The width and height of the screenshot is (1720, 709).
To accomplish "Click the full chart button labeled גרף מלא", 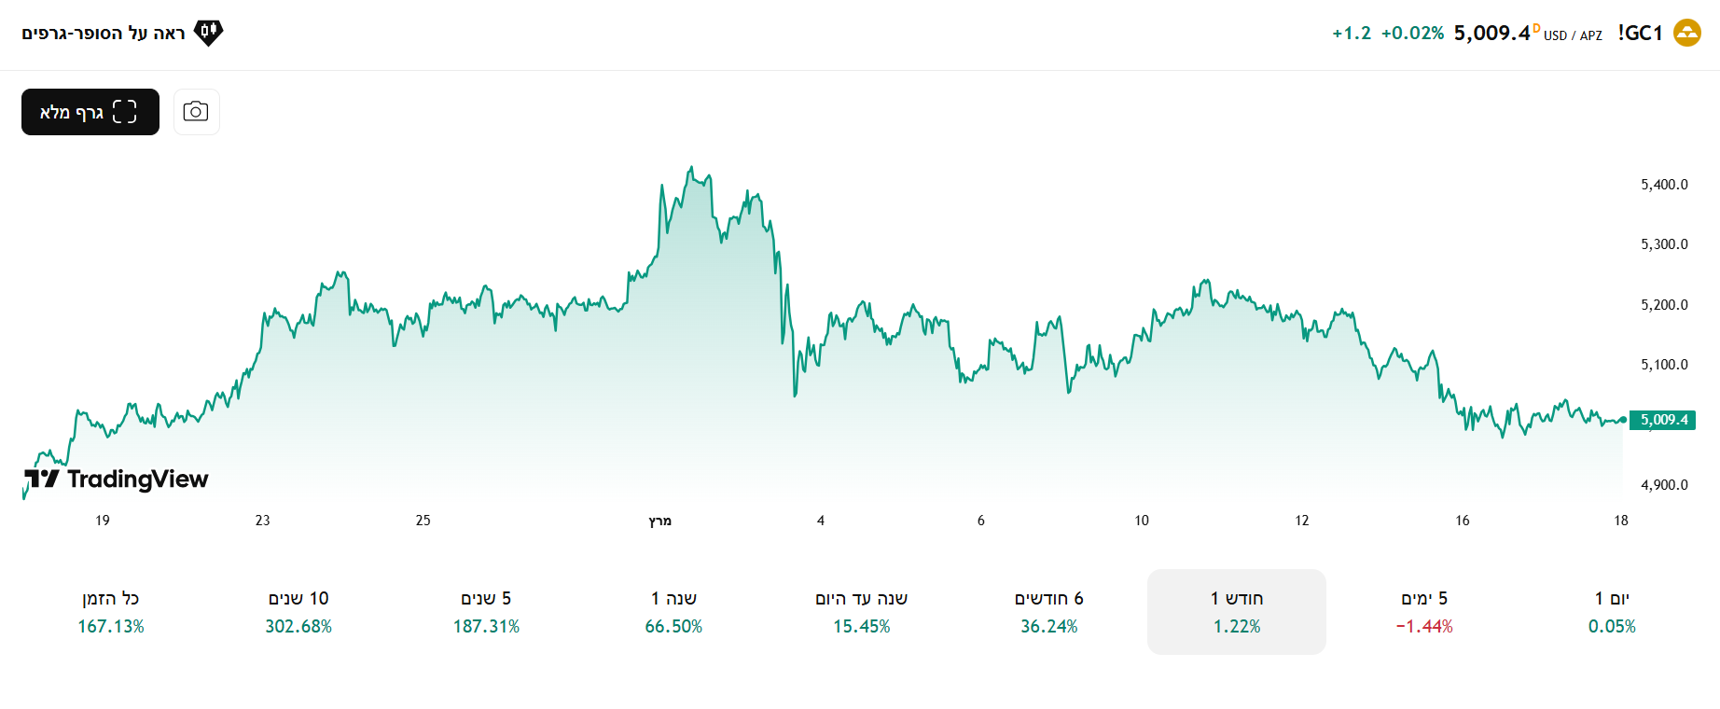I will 90,112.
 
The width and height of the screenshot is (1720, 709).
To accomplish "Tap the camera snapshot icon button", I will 196,112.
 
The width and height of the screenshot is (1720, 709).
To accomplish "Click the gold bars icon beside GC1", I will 1686,34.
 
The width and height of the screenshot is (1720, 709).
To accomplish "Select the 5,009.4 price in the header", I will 1491,34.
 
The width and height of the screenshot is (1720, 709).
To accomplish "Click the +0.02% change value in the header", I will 1412,34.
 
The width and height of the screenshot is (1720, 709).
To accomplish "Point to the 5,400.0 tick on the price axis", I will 1664,185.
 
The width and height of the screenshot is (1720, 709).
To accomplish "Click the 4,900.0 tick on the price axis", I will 1664,485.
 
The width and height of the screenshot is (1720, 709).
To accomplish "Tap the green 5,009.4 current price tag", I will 1663,420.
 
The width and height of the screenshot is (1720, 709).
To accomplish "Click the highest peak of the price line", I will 691,168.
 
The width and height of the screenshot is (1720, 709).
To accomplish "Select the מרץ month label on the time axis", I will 659,521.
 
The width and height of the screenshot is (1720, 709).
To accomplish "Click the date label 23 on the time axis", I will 262,521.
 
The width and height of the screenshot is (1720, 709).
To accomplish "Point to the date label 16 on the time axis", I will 1462,521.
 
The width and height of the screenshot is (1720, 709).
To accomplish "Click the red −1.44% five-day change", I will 1424,627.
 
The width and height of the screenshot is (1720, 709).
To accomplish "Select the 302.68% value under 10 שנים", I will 298,627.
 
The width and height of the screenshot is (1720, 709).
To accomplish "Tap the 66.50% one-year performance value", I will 673,627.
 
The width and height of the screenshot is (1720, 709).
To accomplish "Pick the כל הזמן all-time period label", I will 111,598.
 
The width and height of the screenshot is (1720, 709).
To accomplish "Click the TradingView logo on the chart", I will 117,480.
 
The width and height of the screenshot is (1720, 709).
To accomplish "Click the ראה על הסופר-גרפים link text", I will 104,34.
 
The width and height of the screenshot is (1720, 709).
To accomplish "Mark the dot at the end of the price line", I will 1623,420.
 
